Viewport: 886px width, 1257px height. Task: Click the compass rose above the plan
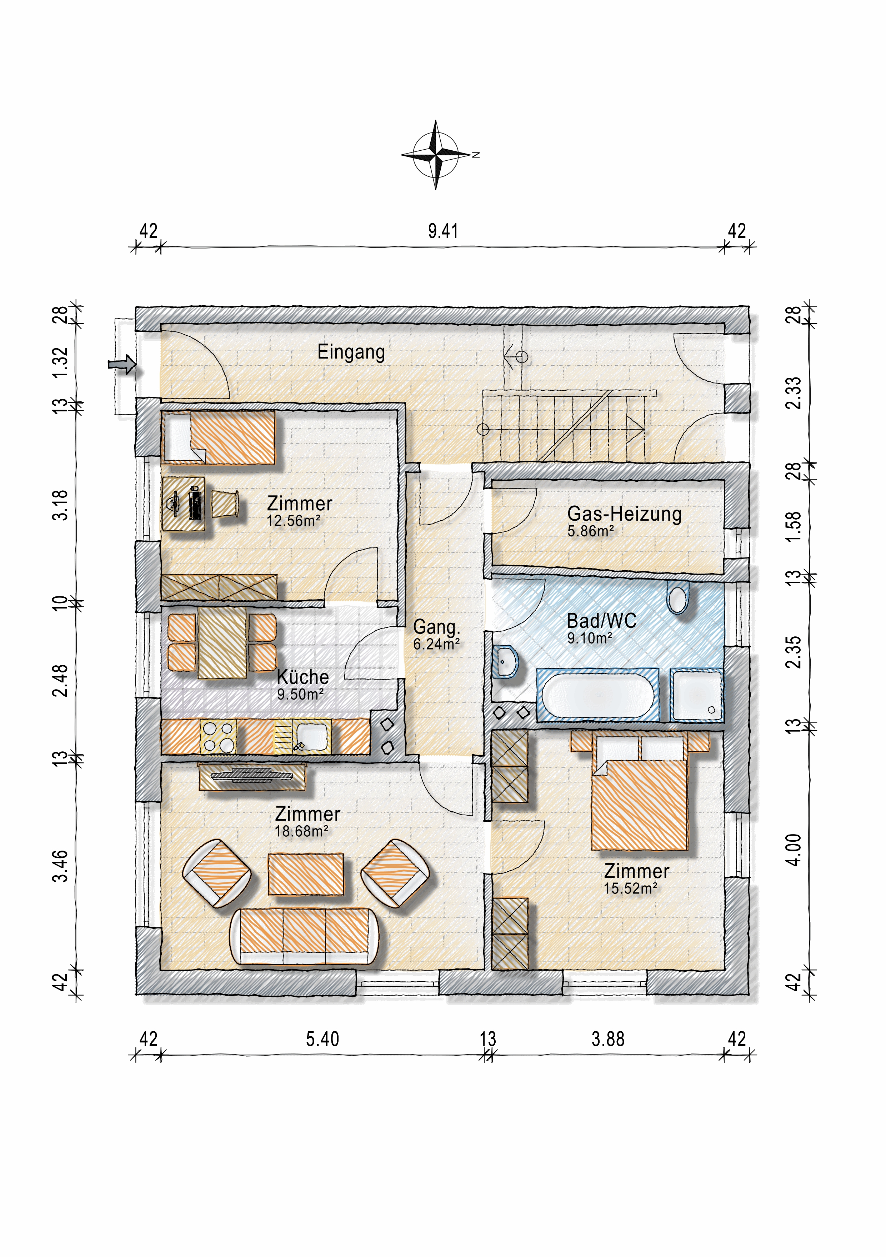pos(436,155)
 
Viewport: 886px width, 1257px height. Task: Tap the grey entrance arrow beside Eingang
pos(122,364)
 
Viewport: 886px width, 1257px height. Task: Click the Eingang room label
pos(351,352)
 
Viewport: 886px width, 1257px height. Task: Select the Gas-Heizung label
pos(624,514)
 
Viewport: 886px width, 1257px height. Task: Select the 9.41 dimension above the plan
pos(443,231)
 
